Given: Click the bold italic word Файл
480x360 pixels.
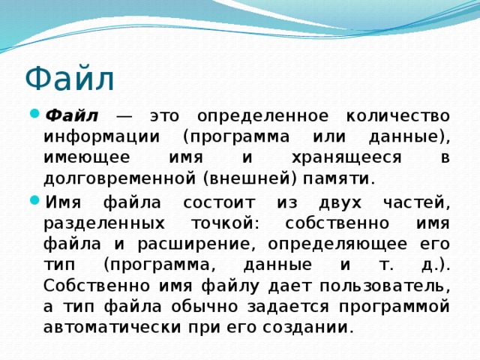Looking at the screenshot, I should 72,117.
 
